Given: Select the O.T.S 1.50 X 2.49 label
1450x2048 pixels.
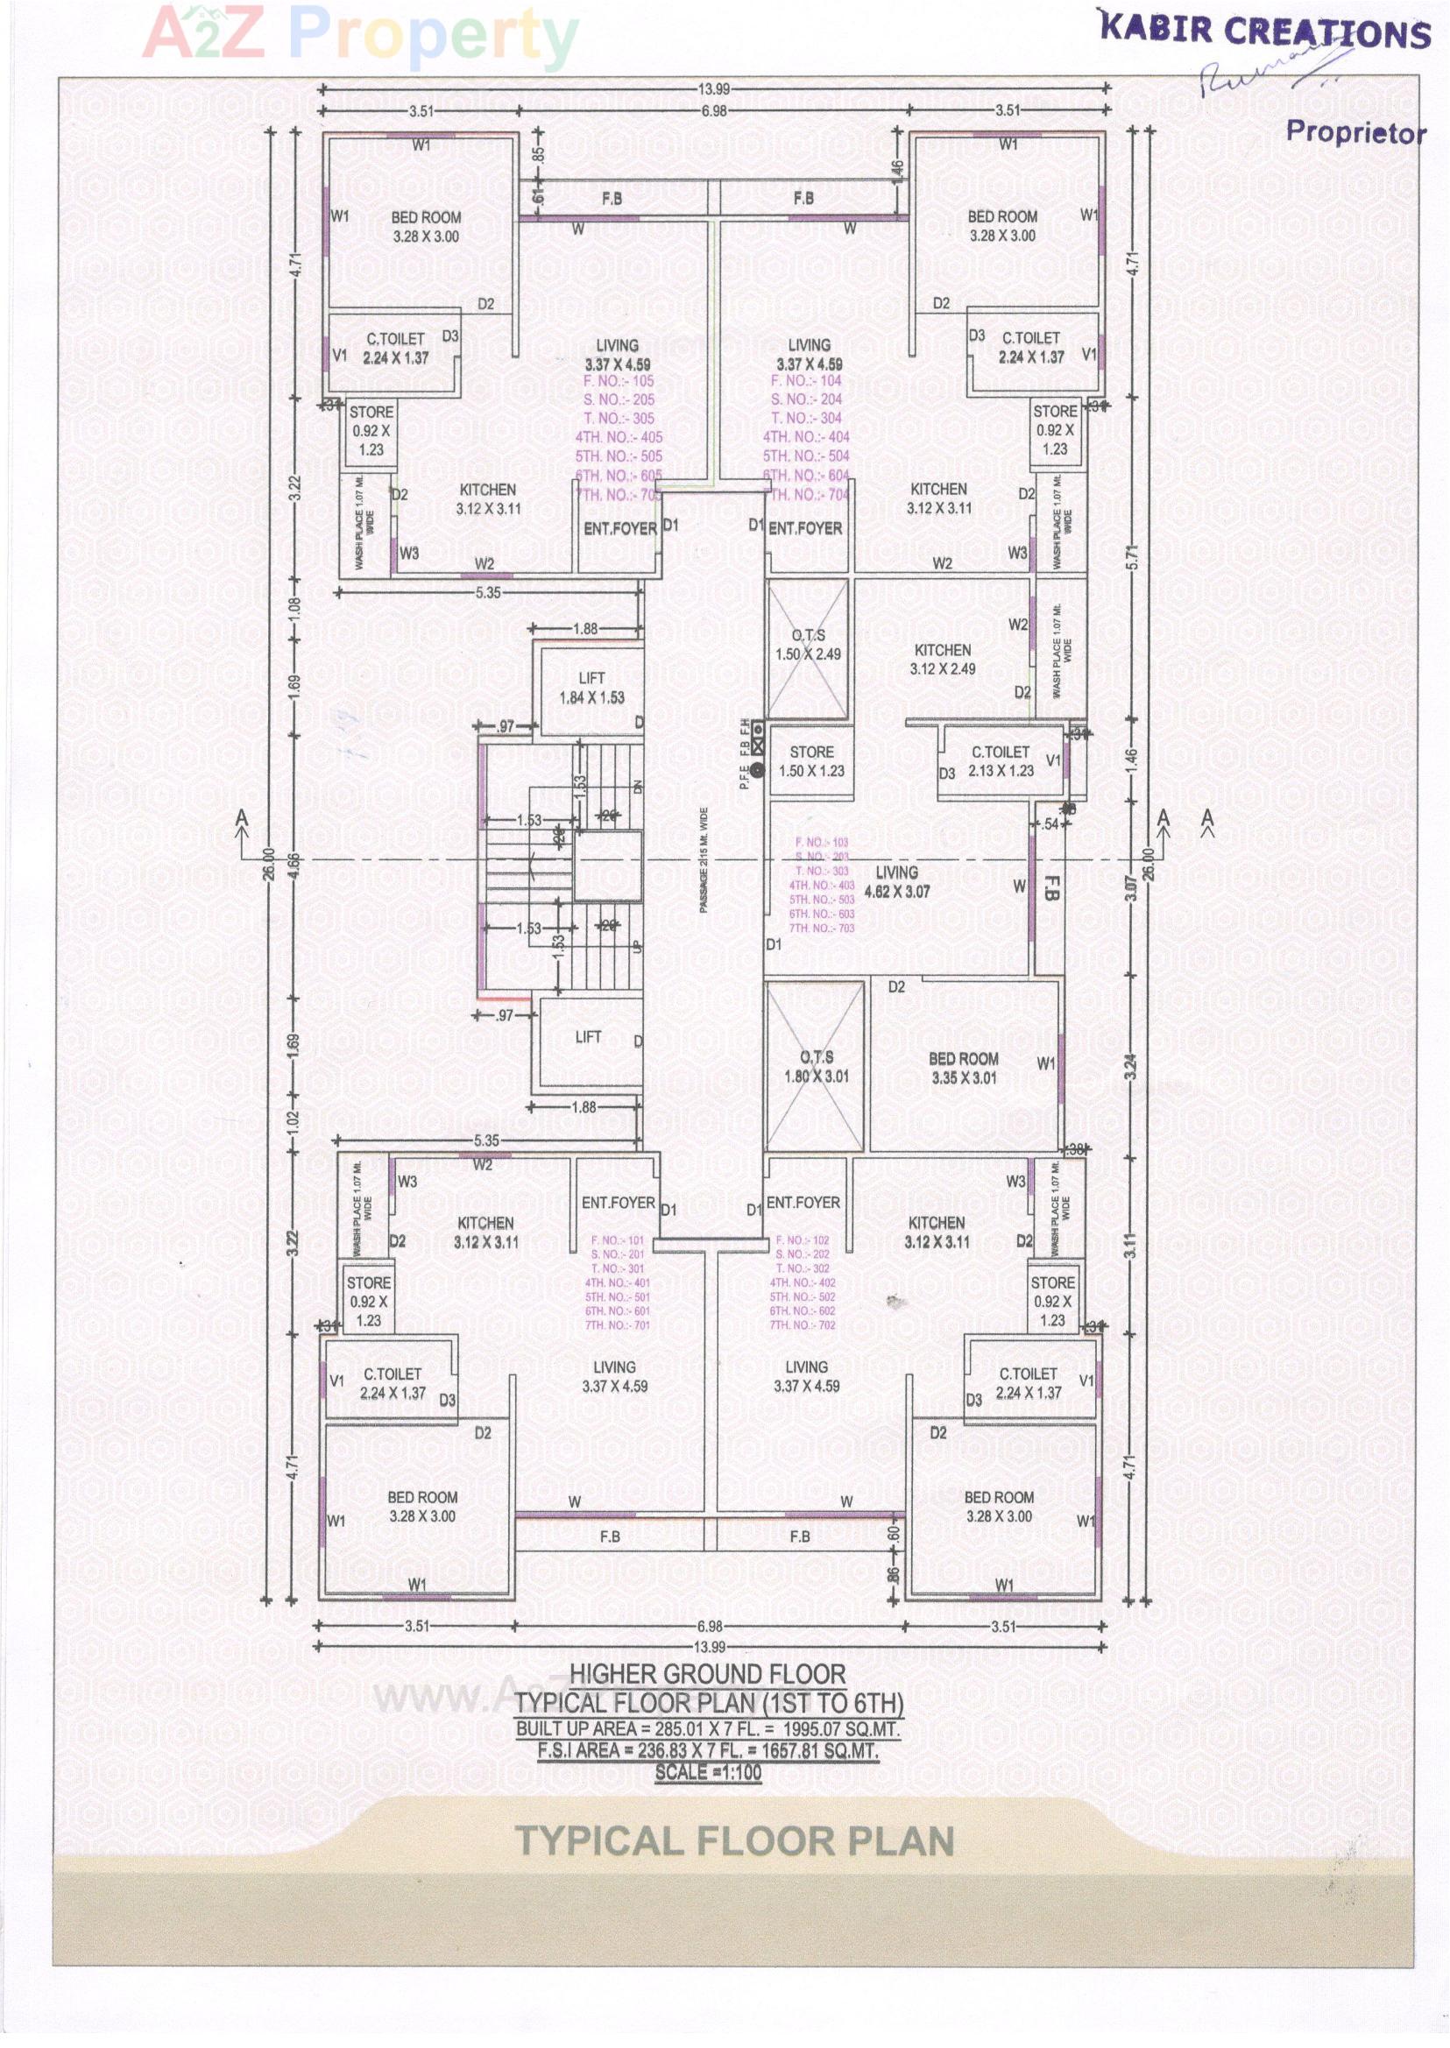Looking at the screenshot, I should pos(808,645).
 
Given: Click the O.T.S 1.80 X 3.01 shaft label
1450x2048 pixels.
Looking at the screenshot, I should pos(816,1067).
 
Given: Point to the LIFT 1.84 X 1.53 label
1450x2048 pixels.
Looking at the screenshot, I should pos(591,688).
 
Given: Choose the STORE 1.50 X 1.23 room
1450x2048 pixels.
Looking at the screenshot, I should pos(810,761).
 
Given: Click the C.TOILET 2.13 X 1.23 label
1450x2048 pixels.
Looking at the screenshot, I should pos(1000,760).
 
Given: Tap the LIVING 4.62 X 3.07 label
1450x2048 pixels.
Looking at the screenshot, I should pos(896,881).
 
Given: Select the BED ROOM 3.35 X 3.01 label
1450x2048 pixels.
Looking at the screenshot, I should pos(964,1068).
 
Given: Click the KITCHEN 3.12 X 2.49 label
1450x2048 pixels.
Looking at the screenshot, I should pos(942,659).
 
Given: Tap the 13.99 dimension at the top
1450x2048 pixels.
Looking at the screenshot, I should pos(713,88).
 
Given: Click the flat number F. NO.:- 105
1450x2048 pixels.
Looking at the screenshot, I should pos(618,381).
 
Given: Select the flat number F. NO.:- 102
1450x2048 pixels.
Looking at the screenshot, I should pos(802,1240).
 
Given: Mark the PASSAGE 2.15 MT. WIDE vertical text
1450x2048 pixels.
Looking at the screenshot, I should pos(704,859).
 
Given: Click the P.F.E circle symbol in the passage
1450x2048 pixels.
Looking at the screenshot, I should pos(757,770).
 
